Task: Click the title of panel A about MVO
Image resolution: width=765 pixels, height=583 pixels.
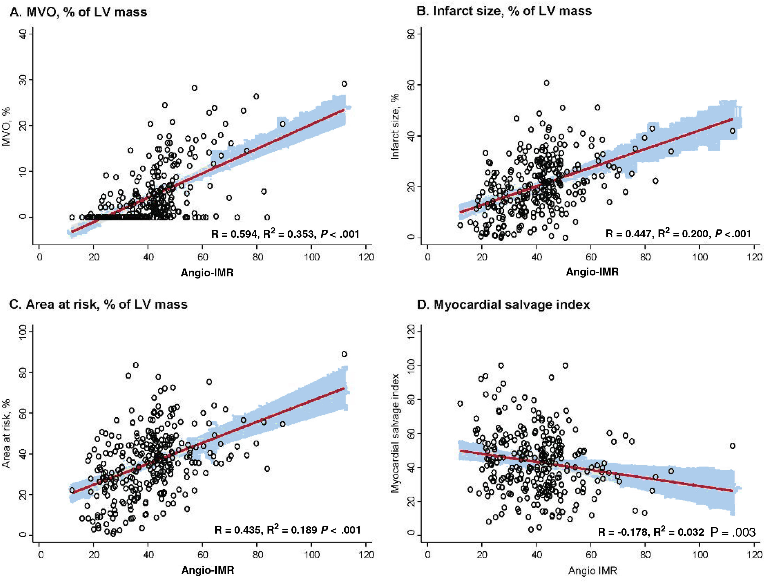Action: pyautogui.click(x=78, y=12)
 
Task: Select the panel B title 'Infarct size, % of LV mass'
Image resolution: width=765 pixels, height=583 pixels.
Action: pyautogui.click(x=504, y=11)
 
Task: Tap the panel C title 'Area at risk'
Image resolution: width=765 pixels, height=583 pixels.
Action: pyautogui.click(x=98, y=304)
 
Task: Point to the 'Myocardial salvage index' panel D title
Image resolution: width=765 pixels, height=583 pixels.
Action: pyautogui.click(x=503, y=305)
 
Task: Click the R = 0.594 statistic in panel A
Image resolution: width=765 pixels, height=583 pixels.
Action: pyautogui.click(x=234, y=234)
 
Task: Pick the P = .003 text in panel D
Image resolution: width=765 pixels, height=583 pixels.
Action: pyautogui.click(x=733, y=532)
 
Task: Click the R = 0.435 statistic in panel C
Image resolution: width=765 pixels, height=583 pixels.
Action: pyautogui.click(x=238, y=530)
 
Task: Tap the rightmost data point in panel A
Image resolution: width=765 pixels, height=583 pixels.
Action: pyautogui.click(x=344, y=84)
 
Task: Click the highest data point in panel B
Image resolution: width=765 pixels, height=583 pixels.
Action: pyautogui.click(x=546, y=83)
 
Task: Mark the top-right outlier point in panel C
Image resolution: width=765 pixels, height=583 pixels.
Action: pyautogui.click(x=344, y=354)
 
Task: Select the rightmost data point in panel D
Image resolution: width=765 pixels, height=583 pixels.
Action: pyautogui.click(x=732, y=446)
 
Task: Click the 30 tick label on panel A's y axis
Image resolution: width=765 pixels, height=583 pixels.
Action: pyautogui.click(x=23, y=80)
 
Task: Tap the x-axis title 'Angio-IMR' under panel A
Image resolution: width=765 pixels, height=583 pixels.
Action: pyautogui.click(x=207, y=273)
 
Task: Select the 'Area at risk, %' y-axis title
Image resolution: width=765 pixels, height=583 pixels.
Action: pyautogui.click(x=6, y=434)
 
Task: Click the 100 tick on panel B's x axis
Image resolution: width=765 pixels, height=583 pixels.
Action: pyautogui.click(x=700, y=257)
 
